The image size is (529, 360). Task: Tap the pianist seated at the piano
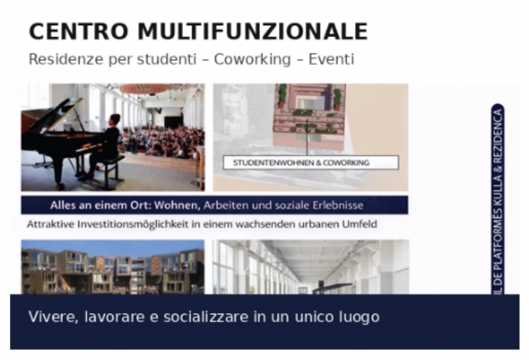(109, 142)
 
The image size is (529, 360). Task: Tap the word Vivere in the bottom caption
(48, 317)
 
